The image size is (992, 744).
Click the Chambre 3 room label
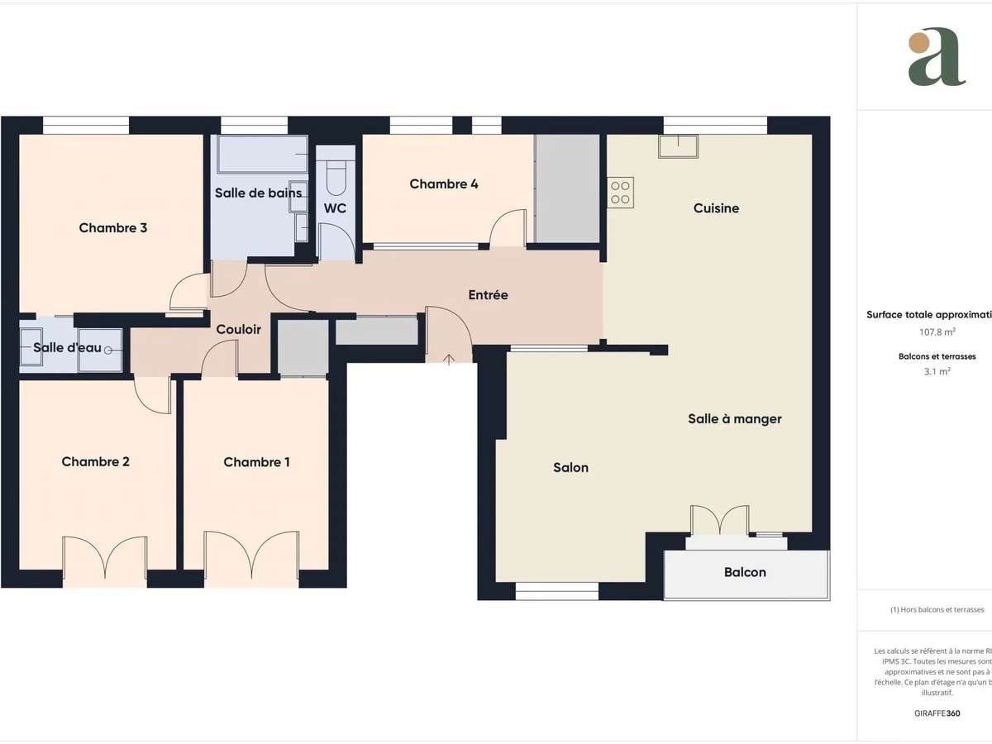coord(113,228)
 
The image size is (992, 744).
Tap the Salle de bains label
coord(258,193)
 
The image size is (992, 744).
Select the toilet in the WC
coord(336,174)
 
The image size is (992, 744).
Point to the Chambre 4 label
coord(444,184)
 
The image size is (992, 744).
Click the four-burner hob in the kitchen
coord(621,193)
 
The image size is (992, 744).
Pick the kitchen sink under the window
coord(678,145)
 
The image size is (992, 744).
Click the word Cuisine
coord(716,208)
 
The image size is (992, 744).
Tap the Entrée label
coord(488,295)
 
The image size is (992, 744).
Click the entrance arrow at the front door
coord(449,359)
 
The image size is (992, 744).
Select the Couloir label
coord(238,330)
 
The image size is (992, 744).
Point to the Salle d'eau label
coord(67,348)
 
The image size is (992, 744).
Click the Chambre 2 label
coord(96,462)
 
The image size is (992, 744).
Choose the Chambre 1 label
coord(256,462)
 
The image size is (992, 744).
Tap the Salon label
coord(570,468)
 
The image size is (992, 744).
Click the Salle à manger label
coord(734,419)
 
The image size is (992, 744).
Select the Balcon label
coord(745,572)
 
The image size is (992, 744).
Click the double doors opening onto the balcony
coord(719,521)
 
